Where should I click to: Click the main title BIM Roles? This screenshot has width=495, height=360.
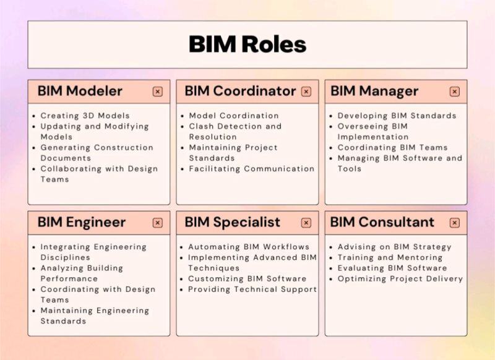point(247,45)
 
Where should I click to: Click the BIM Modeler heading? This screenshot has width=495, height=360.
point(80,91)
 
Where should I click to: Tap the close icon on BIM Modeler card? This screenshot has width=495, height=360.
point(158,92)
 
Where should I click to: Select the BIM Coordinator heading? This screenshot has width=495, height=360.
point(240,91)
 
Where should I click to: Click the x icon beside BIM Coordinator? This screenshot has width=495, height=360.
point(306,92)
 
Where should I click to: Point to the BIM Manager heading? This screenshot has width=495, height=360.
point(374,91)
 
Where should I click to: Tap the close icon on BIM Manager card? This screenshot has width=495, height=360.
point(455,92)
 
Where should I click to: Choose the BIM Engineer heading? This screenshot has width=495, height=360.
point(81,222)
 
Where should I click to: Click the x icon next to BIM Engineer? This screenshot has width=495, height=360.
point(158,223)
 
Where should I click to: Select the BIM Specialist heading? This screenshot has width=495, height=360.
point(232,222)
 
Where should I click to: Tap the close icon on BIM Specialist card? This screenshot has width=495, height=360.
point(306,223)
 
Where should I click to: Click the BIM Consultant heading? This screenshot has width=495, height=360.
point(382,222)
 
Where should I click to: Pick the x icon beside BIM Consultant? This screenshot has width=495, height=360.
point(455,223)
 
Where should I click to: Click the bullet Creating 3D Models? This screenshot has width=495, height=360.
point(85,116)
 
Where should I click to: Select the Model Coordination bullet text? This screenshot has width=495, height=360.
point(233,116)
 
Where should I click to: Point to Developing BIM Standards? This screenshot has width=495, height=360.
point(397,116)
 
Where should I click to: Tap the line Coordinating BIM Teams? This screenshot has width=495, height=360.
point(393,148)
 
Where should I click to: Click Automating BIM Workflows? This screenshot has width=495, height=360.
point(247,247)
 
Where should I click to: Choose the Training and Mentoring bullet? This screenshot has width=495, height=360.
point(390,257)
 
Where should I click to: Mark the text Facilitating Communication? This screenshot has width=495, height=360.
point(251,169)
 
